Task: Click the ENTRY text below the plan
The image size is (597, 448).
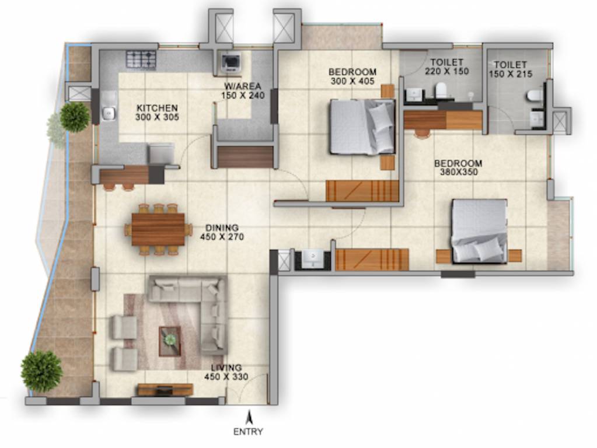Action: click(248, 432)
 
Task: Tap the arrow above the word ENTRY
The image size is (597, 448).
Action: click(249, 418)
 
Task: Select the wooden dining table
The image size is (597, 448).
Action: click(158, 229)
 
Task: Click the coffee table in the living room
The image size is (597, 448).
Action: click(170, 339)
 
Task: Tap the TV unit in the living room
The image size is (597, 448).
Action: click(165, 390)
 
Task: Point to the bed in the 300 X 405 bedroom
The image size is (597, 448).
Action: click(362, 127)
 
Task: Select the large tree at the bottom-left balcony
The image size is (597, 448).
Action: click(41, 371)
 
